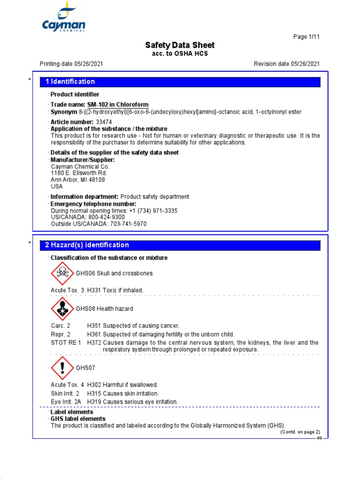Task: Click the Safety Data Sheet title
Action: pos(180,45)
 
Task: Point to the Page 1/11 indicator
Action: pos(306,37)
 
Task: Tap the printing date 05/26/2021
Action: pos(86,64)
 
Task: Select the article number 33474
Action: pos(104,122)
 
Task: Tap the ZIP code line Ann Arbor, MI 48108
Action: pos(78,180)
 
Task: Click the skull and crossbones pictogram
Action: pos(62,273)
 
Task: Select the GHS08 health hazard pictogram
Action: pos(62,309)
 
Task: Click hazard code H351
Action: pos(94,325)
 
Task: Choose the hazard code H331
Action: pos(94,290)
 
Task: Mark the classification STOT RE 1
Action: pos(66,343)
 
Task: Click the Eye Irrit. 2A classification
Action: pos(67,402)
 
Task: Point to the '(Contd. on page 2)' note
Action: pos(300,432)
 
